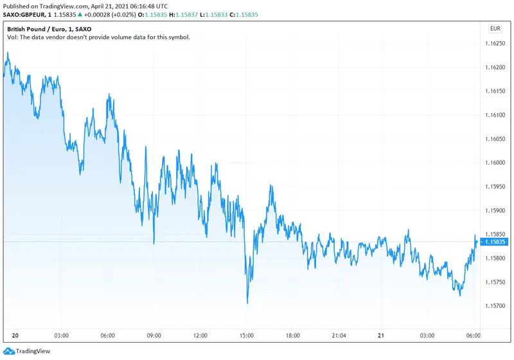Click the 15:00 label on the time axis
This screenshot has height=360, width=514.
click(247, 335)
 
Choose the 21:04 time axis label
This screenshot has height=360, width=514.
click(339, 335)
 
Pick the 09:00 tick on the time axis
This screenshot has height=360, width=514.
click(154, 335)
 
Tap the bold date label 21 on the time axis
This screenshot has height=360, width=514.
click(380, 335)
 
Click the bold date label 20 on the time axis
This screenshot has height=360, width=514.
click(14, 335)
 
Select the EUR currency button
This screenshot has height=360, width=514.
click(495, 28)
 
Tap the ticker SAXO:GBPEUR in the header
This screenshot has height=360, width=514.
click(24, 15)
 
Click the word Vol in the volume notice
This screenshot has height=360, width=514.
click(12, 37)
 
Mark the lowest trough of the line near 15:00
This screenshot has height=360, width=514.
click(247, 303)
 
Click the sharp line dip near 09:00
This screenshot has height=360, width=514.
click(154, 244)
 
